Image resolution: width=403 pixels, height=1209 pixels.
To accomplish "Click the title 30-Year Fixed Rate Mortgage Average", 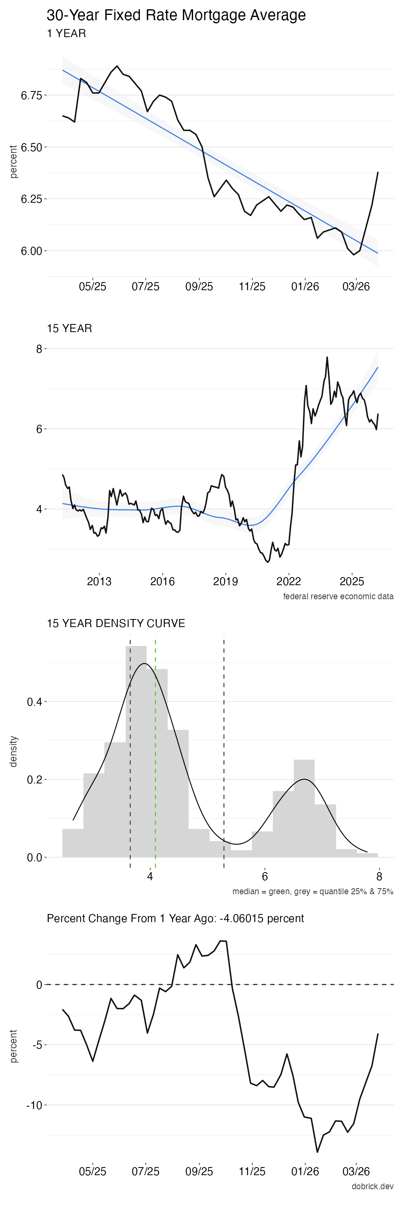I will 176,15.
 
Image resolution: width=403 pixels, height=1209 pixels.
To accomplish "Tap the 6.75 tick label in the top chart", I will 31,96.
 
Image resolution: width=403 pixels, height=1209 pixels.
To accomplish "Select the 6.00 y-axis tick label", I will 31,251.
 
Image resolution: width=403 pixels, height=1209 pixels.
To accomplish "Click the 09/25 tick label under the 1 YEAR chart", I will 199,286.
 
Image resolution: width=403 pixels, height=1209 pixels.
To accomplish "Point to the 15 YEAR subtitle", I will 69,328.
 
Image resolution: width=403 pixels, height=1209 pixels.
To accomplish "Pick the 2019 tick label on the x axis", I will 225,582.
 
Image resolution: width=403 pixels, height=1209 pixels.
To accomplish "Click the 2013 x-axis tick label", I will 99,582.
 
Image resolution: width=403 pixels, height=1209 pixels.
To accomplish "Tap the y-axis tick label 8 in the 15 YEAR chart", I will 39,349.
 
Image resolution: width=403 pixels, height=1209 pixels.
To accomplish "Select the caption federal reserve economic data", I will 338,596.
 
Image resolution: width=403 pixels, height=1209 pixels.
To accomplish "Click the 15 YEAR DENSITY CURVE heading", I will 116,623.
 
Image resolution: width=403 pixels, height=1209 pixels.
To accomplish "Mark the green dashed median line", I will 155,751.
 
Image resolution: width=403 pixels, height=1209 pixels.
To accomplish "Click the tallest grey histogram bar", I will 136,751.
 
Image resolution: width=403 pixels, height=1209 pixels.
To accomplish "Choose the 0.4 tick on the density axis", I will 34,702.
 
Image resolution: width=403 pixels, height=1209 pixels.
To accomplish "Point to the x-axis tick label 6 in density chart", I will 265,877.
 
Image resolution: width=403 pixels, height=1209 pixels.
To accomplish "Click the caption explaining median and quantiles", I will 312,891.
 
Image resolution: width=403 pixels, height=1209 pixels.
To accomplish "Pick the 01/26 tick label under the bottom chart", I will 305,1172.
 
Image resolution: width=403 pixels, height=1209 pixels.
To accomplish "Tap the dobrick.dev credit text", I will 372,1186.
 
